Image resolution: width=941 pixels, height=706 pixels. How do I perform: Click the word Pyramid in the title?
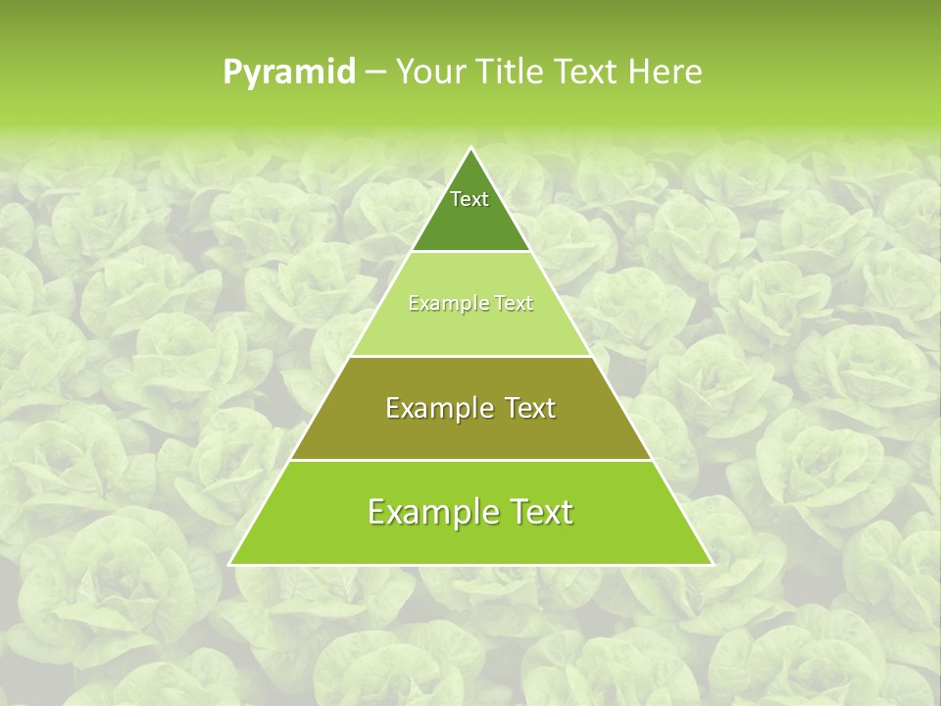pyautogui.click(x=289, y=73)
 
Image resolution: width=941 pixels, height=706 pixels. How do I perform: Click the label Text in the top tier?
pyautogui.click(x=470, y=199)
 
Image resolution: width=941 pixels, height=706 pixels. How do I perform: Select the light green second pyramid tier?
pyautogui.click(x=470, y=329)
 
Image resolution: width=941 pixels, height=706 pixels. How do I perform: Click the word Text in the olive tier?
pyautogui.click(x=528, y=408)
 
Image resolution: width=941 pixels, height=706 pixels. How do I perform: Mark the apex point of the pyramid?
pyautogui.click(x=470, y=149)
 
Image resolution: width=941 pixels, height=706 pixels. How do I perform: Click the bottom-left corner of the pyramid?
pyautogui.click(x=231, y=564)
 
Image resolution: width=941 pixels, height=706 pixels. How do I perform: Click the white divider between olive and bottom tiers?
pyautogui.click(x=470, y=460)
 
